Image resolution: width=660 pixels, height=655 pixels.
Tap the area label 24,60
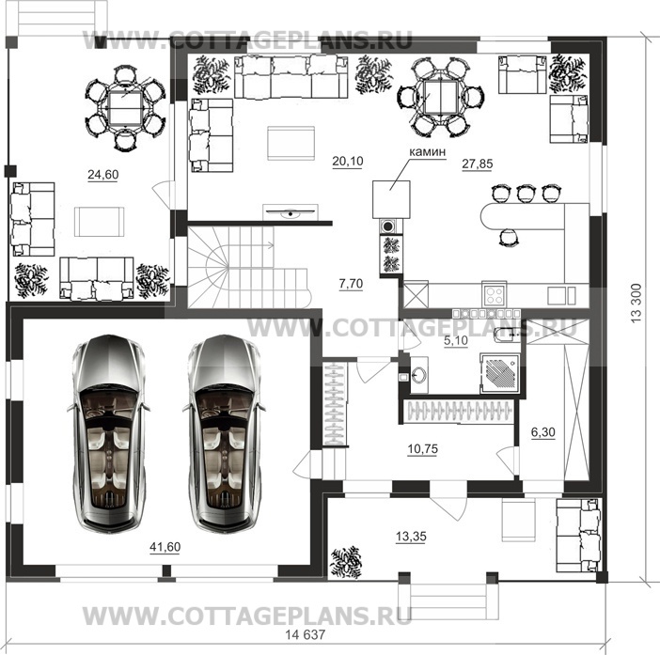click(105, 175)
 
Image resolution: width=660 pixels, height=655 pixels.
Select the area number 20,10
click(347, 161)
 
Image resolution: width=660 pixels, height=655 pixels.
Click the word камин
click(427, 150)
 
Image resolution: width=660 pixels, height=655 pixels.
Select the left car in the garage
click(109, 434)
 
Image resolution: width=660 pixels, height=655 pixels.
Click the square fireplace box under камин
click(392, 198)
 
